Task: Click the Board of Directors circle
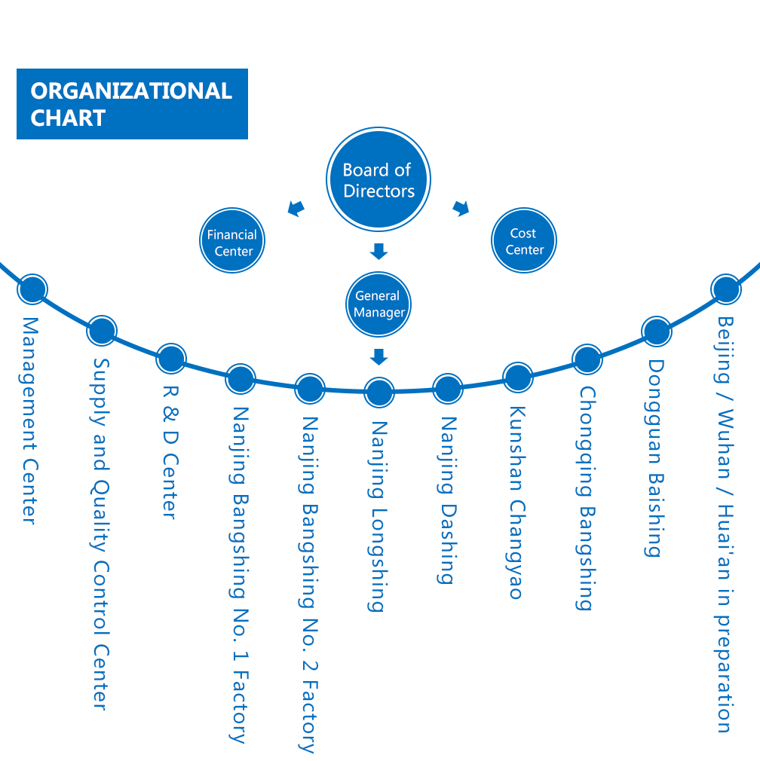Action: click(x=378, y=180)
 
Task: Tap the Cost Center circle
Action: click(x=524, y=240)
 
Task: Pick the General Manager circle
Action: click(x=378, y=304)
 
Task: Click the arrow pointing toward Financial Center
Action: click(x=297, y=207)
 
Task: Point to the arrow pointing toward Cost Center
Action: click(x=460, y=207)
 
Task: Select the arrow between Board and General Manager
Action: click(x=378, y=251)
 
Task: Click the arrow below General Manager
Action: click(x=378, y=356)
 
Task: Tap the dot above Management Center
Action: click(x=32, y=289)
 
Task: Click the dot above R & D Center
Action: click(x=171, y=358)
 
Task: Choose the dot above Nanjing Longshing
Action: click(x=378, y=392)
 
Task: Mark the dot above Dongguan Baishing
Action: click(x=656, y=331)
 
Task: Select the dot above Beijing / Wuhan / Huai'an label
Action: click(x=725, y=289)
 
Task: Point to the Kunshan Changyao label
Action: click(x=516, y=503)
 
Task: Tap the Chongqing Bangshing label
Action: click(x=586, y=498)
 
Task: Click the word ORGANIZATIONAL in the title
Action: click(x=131, y=91)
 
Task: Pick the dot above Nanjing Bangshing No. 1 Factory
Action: click(x=241, y=379)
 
